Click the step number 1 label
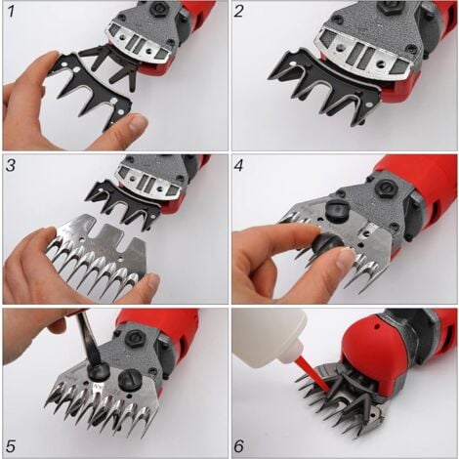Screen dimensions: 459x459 (11, 11)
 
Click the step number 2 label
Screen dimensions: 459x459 (238, 11)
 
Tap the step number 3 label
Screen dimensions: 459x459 (11, 165)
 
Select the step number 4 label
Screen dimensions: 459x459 (238, 165)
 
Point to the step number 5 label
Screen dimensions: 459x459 (11, 445)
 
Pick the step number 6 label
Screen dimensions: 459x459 (238, 445)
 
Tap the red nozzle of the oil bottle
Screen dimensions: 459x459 (313, 373)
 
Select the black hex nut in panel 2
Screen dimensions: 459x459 (385, 8)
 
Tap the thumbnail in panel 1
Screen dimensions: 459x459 (138, 123)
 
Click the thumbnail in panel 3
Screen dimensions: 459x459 (152, 281)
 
